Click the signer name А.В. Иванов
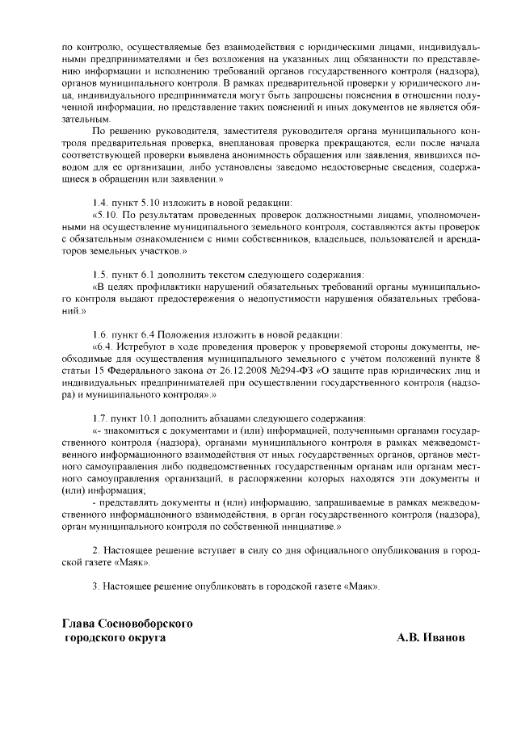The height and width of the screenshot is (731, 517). tap(431, 637)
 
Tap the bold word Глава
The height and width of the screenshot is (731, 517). tap(78, 624)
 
